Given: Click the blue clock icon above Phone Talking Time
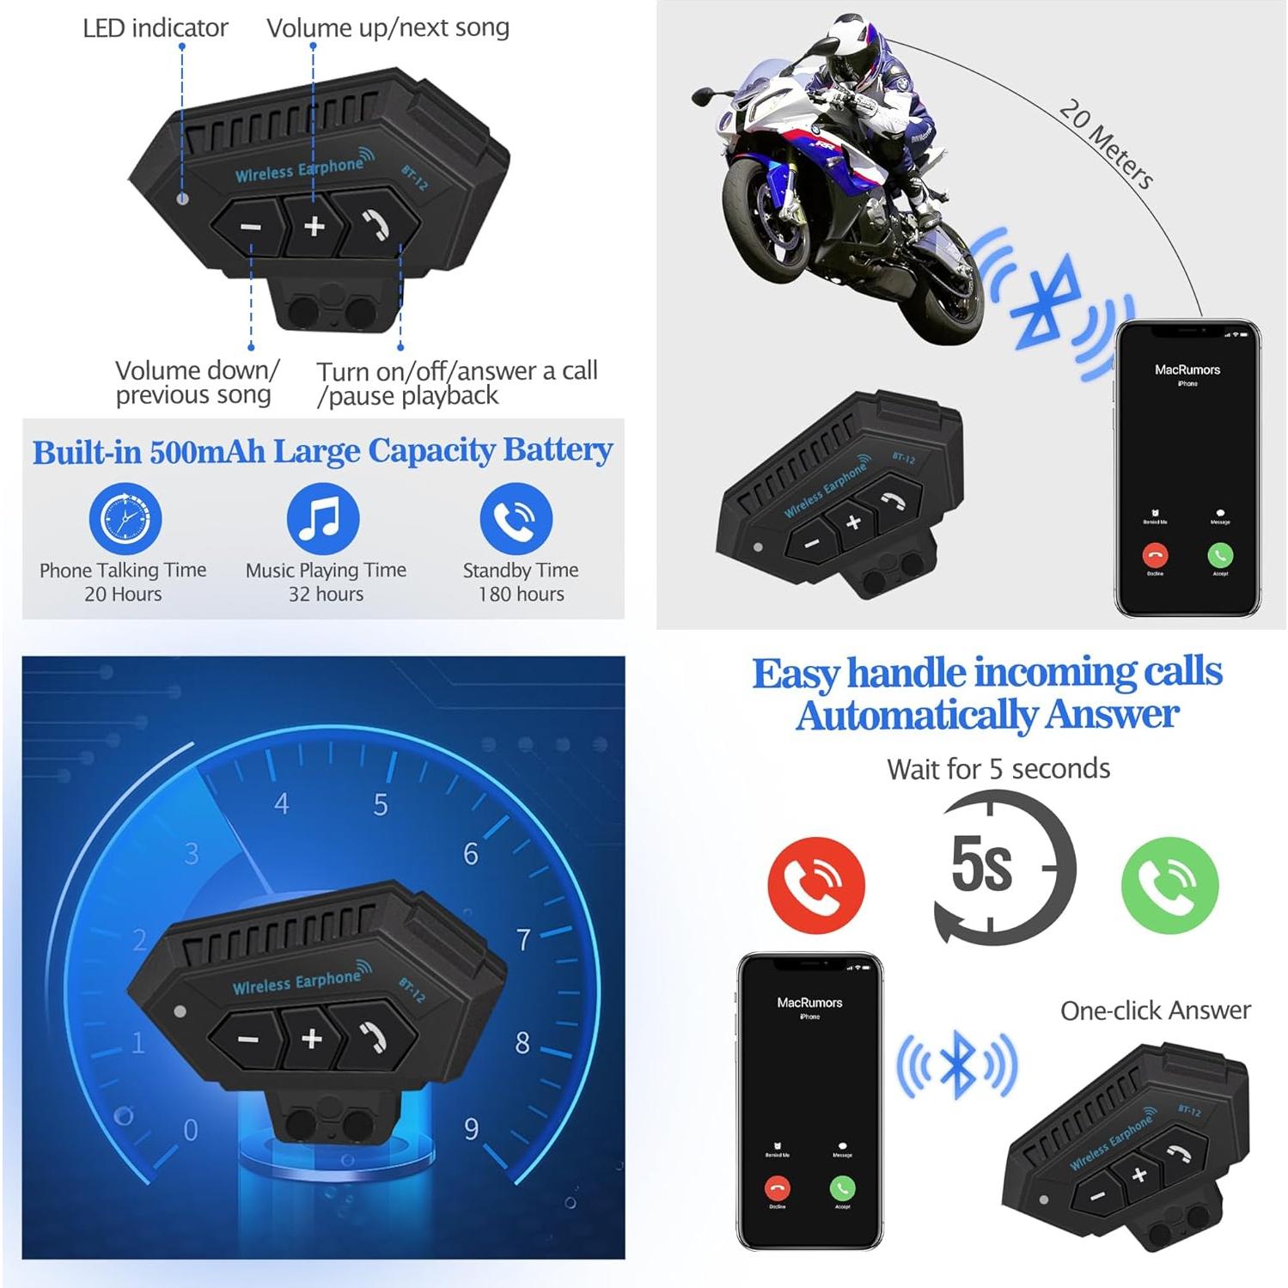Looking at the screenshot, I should (x=125, y=518).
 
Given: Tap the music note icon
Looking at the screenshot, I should (x=323, y=518).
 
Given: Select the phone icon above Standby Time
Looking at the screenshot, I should (x=516, y=518).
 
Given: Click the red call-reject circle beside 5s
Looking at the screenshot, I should (x=815, y=885).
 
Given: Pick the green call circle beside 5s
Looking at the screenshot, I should (x=1169, y=885).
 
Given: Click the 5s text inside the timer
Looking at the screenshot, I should (x=981, y=864).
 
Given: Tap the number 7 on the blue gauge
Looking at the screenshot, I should (x=523, y=940).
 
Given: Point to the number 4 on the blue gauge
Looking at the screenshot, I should (x=282, y=804).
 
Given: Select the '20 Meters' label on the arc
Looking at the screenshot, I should (x=1106, y=143).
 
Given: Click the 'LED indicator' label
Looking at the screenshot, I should (x=156, y=28).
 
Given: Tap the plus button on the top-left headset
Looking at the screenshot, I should (x=314, y=226).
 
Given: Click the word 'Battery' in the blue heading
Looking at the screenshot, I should (x=558, y=450).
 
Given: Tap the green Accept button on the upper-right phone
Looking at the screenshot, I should (x=1220, y=555).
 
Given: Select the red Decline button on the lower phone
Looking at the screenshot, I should (x=778, y=1188).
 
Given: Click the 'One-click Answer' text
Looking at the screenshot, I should (x=1155, y=1010).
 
